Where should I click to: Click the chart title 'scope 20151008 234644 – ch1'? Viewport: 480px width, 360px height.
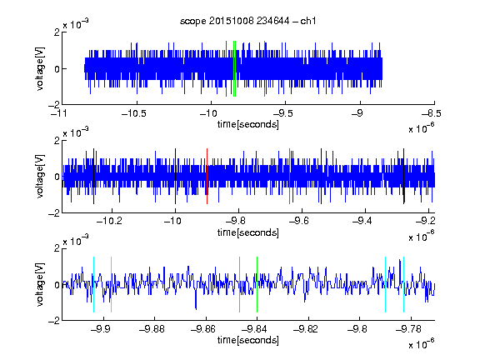(x=247, y=21)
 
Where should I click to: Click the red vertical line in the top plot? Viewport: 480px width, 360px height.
(x=226, y=68)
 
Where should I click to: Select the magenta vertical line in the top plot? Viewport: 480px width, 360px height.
(x=264, y=68)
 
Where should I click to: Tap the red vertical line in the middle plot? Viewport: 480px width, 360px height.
(x=207, y=176)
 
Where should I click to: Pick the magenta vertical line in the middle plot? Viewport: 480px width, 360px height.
(x=289, y=176)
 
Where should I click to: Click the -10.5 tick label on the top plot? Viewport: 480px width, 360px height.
(x=134, y=113)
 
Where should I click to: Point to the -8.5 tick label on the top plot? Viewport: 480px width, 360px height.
(x=432, y=113)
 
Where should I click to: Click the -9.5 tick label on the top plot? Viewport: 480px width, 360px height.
(x=282, y=113)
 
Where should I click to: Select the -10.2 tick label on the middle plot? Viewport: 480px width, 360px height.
(x=109, y=221)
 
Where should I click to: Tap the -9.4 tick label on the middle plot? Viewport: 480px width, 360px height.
(x=362, y=221)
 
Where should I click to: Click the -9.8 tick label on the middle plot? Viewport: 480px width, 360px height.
(x=236, y=221)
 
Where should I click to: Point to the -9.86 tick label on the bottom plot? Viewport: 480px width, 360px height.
(x=203, y=329)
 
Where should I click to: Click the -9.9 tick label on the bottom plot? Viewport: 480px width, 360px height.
(x=101, y=329)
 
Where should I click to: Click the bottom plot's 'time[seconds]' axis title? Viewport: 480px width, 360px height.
(x=248, y=340)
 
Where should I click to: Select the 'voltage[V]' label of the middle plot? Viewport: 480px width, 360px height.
(x=40, y=177)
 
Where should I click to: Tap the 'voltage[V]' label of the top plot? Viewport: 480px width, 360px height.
(x=40, y=68)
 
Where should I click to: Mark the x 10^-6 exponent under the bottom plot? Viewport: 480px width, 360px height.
(x=422, y=344)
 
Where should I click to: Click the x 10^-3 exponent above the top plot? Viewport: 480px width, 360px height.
(x=76, y=24)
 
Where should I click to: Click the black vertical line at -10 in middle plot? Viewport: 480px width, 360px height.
(x=175, y=176)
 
